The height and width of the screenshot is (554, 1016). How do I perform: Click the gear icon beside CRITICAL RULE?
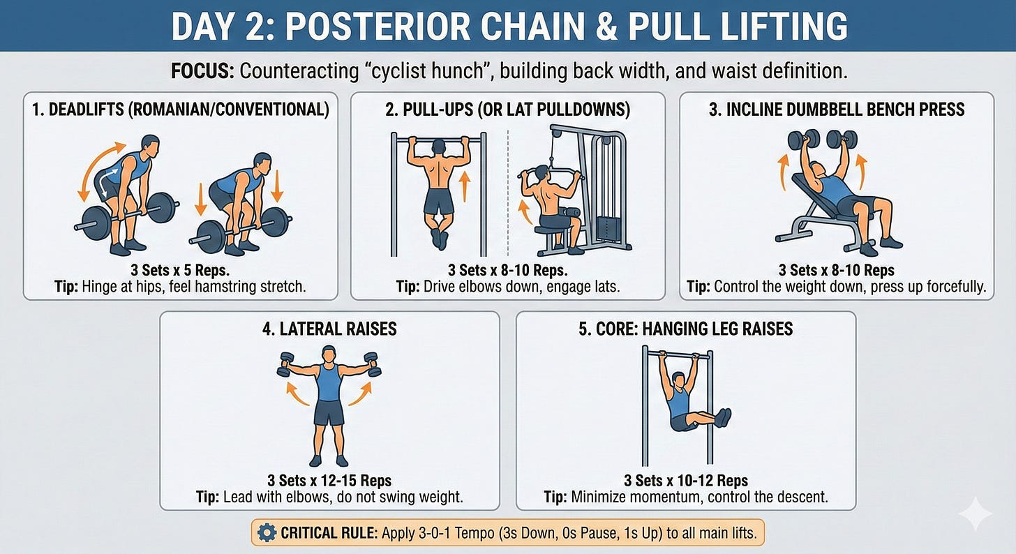[267, 532]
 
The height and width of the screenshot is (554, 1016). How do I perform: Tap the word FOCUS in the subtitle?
[202, 71]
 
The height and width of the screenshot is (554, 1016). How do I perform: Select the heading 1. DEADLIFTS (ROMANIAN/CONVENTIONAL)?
[181, 110]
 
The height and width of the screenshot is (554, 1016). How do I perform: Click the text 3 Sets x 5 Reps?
[180, 270]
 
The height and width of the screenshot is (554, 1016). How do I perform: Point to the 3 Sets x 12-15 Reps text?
[329, 480]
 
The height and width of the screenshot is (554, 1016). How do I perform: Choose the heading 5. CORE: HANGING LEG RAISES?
[685, 329]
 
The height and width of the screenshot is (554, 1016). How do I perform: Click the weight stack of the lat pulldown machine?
[608, 228]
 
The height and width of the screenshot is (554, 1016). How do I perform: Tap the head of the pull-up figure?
[439, 147]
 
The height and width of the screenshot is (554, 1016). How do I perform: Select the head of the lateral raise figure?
[329, 354]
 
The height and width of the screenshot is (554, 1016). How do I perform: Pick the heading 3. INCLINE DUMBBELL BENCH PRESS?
[837, 110]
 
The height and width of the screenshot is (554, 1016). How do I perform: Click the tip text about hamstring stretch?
[180, 287]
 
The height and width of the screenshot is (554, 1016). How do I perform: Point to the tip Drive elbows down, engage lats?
[508, 287]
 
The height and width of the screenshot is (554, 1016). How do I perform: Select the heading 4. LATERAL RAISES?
[329, 329]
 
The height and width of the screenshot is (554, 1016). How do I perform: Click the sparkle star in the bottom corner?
[976, 514]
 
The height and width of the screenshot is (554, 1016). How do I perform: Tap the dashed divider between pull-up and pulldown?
[508, 193]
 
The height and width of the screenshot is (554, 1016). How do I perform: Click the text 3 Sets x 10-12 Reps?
[686, 480]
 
